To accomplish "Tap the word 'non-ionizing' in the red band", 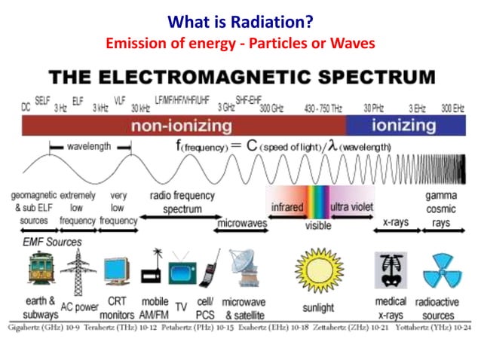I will [x=183, y=126].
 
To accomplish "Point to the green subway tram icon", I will [x=38, y=270].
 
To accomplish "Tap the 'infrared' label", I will [x=286, y=206].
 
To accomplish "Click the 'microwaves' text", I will [x=241, y=224].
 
